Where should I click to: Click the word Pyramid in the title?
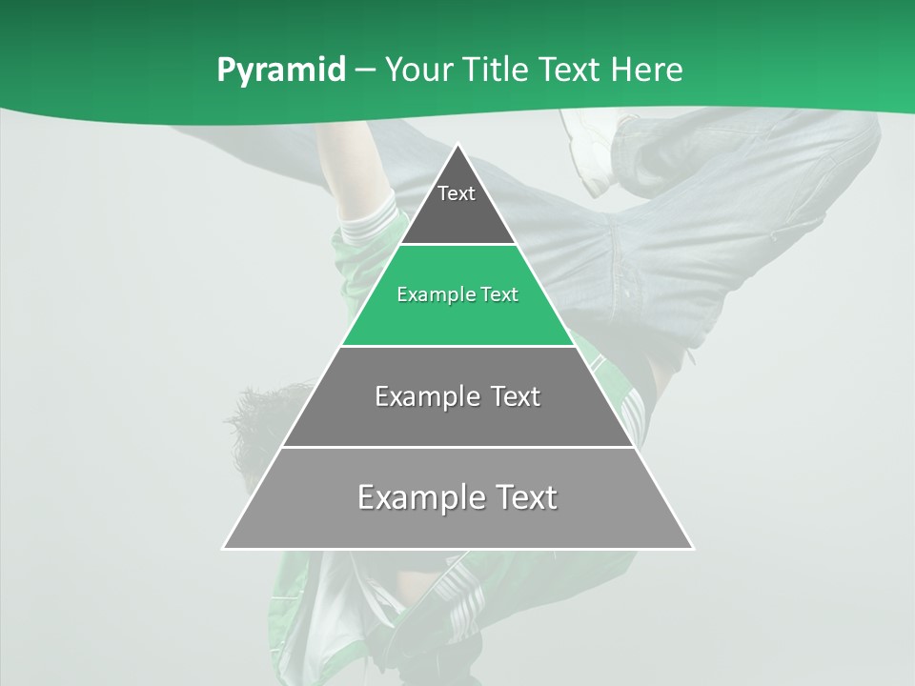(x=280, y=71)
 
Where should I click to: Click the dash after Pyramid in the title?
(x=365, y=71)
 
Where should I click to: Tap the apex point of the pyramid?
(x=457, y=145)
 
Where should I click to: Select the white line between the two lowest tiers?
(x=457, y=447)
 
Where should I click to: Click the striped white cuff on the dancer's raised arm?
(x=367, y=221)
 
